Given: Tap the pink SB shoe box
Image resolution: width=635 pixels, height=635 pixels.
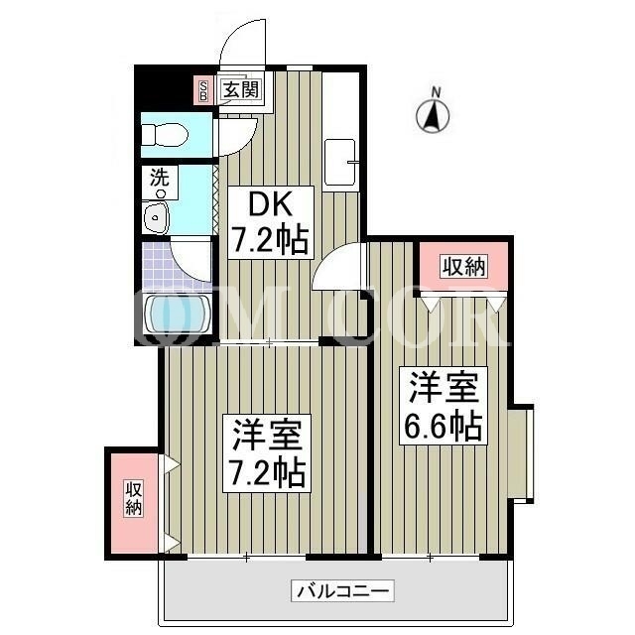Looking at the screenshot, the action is point(203,89).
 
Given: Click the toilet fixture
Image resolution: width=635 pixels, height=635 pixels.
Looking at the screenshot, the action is point(166,134).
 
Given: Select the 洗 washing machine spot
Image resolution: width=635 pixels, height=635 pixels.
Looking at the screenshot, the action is point(160,183).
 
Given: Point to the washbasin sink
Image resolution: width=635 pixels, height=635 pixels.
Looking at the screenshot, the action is point(157,217).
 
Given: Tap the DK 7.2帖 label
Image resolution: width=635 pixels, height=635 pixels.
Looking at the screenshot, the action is point(271,222).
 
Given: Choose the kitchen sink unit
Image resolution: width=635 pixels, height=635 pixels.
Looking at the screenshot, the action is point(340,162).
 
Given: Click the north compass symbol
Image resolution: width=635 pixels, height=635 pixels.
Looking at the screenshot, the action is point(433,116).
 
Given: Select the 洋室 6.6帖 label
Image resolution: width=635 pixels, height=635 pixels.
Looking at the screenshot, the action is point(444,406).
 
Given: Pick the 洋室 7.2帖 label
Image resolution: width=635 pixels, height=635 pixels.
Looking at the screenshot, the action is point(267,453).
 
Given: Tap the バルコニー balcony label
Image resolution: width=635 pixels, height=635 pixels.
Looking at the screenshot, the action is point(342,591).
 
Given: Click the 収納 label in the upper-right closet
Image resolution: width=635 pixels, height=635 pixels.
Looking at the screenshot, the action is point(463,267).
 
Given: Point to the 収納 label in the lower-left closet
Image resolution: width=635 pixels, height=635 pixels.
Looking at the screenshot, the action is point(134,498).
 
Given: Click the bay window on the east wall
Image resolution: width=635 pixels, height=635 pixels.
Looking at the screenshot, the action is point(522,453).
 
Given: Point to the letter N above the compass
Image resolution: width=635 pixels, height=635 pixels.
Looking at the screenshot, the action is point(436,93).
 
